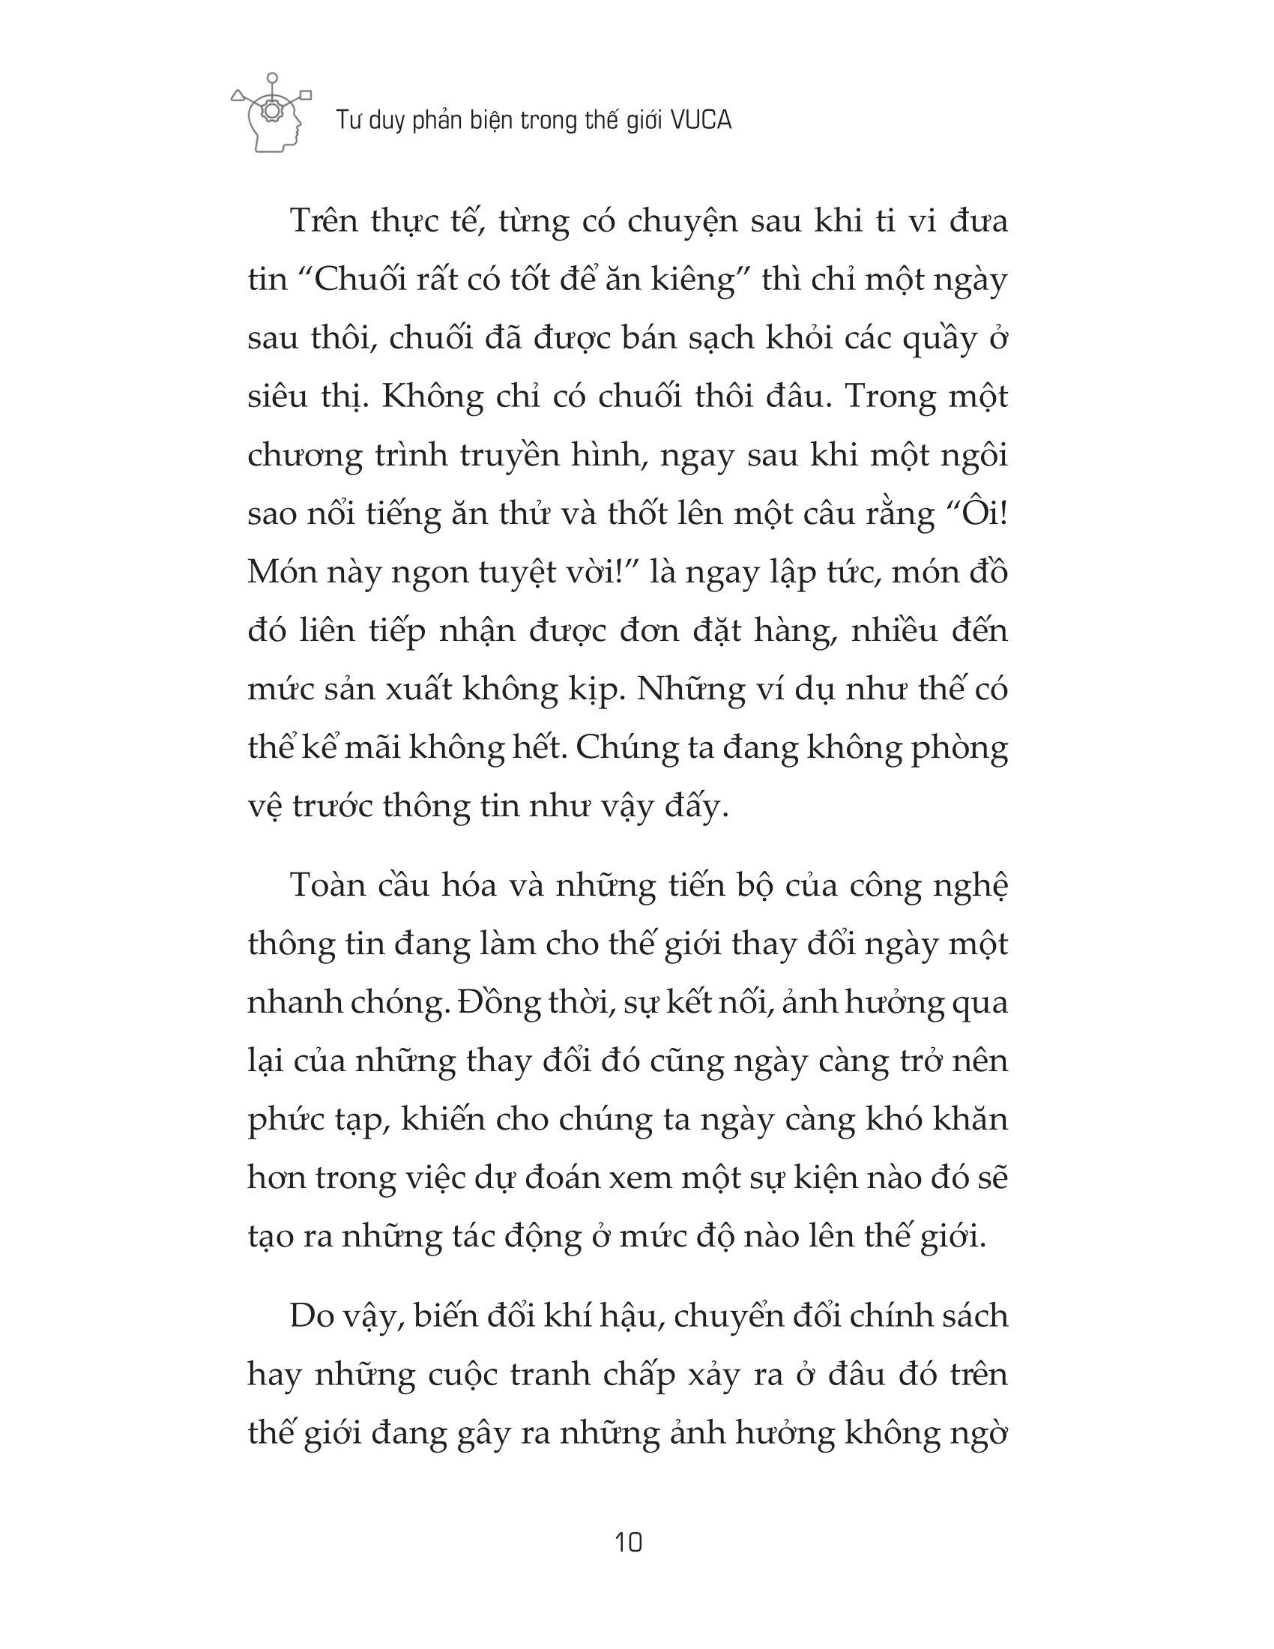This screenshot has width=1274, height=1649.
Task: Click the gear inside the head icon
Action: pos(272,110)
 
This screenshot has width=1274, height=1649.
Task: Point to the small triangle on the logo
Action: pos(238,96)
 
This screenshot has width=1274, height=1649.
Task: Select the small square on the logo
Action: pos(306,95)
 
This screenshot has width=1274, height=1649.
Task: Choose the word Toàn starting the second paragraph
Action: pos(327,886)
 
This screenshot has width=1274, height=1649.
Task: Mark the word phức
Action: pos(283,1121)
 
